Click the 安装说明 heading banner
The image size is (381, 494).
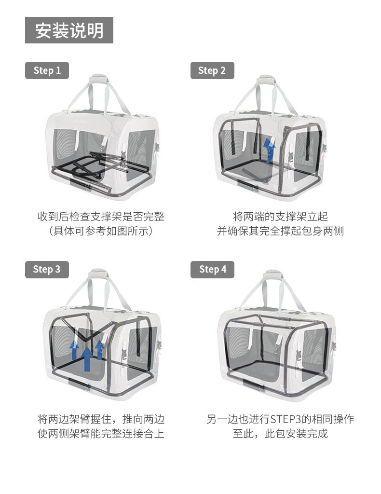(69, 30)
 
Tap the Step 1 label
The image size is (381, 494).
(47, 70)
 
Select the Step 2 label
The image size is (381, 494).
(212, 70)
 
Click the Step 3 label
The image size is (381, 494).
(47, 269)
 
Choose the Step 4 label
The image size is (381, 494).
(212, 269)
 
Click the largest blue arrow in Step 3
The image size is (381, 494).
(87, 357)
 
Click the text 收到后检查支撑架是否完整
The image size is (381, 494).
(101, 217)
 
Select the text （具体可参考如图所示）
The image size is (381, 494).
(101, 231)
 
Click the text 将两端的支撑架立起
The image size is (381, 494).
(280, 217)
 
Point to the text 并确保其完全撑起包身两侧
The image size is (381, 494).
(280, 231)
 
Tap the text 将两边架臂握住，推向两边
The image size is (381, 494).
(101, 419)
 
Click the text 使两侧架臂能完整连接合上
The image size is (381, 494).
(101, 433)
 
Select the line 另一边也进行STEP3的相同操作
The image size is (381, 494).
(280, 419)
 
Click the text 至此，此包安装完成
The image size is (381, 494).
(280, 433)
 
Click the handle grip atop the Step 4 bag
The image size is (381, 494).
(273, 274)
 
